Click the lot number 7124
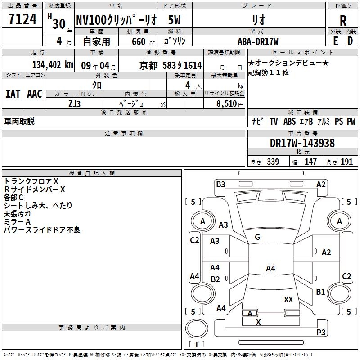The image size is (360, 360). [22, 19]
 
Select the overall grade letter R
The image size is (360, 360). [343, 21]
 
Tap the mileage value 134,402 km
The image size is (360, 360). [53, 65]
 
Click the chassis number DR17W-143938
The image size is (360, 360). [302, 143]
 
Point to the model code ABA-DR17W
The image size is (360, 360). [258, 41]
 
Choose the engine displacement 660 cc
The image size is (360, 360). [143, 41]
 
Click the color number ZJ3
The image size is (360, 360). [74, 104]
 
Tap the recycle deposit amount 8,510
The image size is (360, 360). [227, 103]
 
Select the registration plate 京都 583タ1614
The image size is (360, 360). [171, 65]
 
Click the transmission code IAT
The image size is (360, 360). [13, 94]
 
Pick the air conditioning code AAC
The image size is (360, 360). [35, 94]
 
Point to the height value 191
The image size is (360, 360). [346, 162]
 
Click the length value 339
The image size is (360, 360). [273, 162]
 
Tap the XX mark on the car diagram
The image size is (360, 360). [288, 299]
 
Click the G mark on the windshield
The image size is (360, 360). [257, 237]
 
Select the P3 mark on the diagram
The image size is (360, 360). [321, 332]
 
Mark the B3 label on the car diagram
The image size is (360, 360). [220, 184]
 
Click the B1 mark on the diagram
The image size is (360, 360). [320, 292]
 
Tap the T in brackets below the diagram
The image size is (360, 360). [197, 344]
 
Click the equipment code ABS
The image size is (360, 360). [289, 121]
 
